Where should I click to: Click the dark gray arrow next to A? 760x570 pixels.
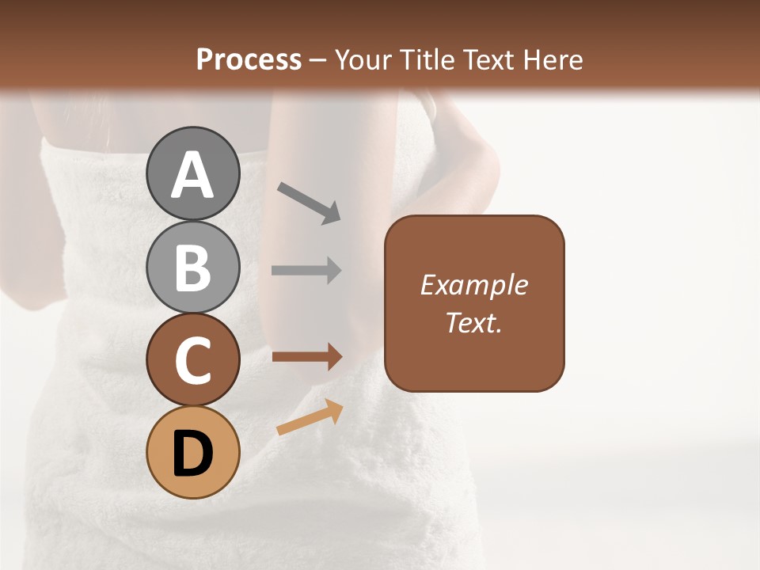[x=309, y=203]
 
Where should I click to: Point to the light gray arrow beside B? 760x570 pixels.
[x=306, y=271]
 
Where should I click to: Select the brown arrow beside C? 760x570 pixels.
[x=307, y=356]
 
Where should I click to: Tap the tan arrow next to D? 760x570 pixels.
[x=310, y=417]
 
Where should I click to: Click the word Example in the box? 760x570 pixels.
[x=474, y=285]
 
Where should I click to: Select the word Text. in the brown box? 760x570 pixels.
[x=474, y=323]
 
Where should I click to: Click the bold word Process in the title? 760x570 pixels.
[x=249, y=59]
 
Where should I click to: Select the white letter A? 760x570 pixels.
[x=192, y=176]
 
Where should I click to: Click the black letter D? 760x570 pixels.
[x=192, y=454]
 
